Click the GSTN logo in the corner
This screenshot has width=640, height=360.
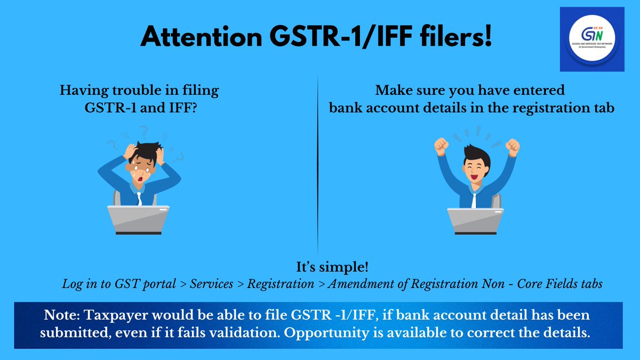click(x=591, y=39)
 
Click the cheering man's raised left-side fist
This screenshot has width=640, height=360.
click(x=441, y=145)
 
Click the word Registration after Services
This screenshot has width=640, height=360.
click(x=281, y=284)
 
